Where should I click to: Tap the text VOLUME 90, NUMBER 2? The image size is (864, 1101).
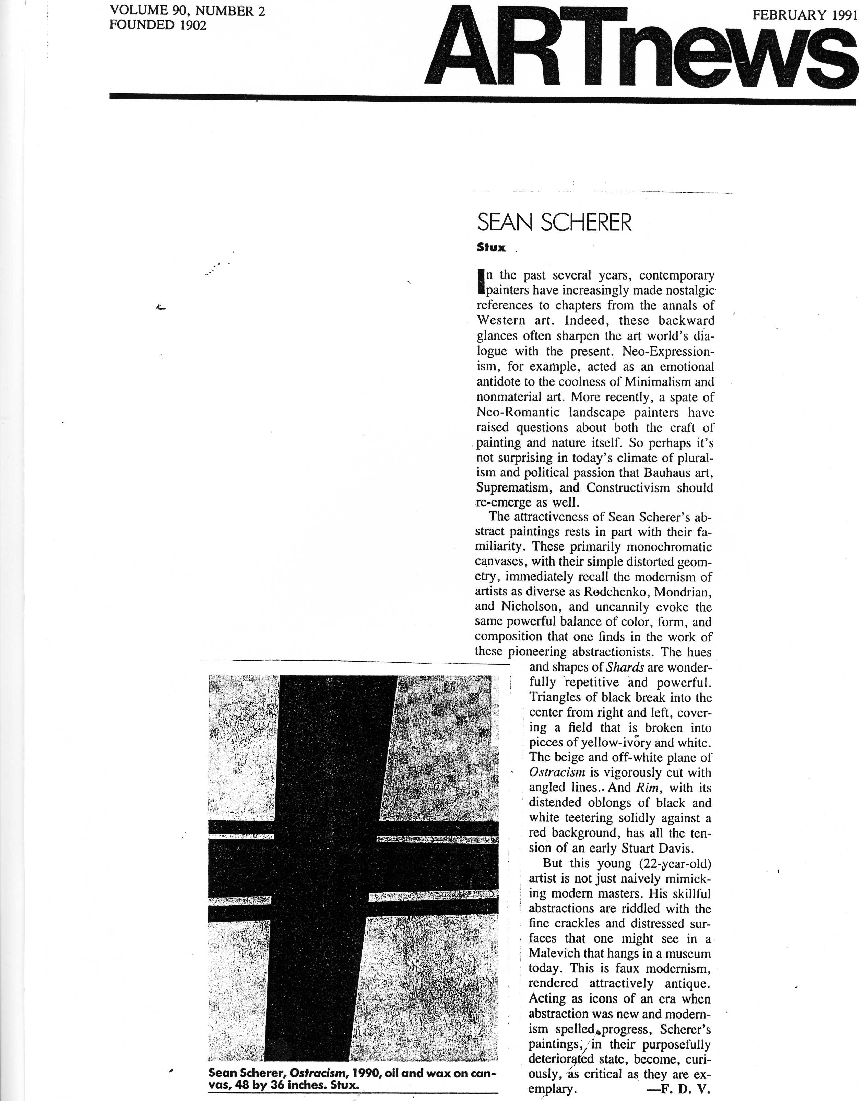click(187, 11)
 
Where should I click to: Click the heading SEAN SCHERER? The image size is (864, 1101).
click(554, 223)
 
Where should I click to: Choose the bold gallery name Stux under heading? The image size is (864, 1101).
click(491, 248)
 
